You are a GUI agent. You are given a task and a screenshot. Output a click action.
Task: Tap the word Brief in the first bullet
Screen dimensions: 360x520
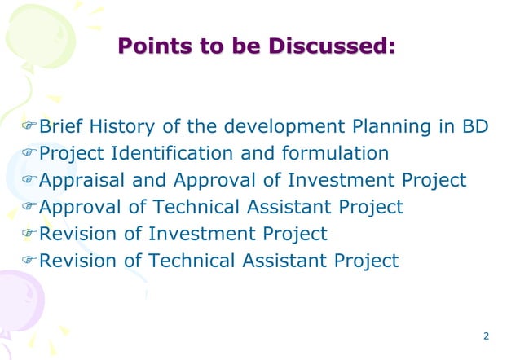tap(62, 127)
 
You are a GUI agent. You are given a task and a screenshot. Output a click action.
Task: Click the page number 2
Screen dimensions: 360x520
tap(486, 336)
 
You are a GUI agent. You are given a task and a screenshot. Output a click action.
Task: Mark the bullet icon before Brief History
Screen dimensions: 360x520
tap(30, 128)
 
